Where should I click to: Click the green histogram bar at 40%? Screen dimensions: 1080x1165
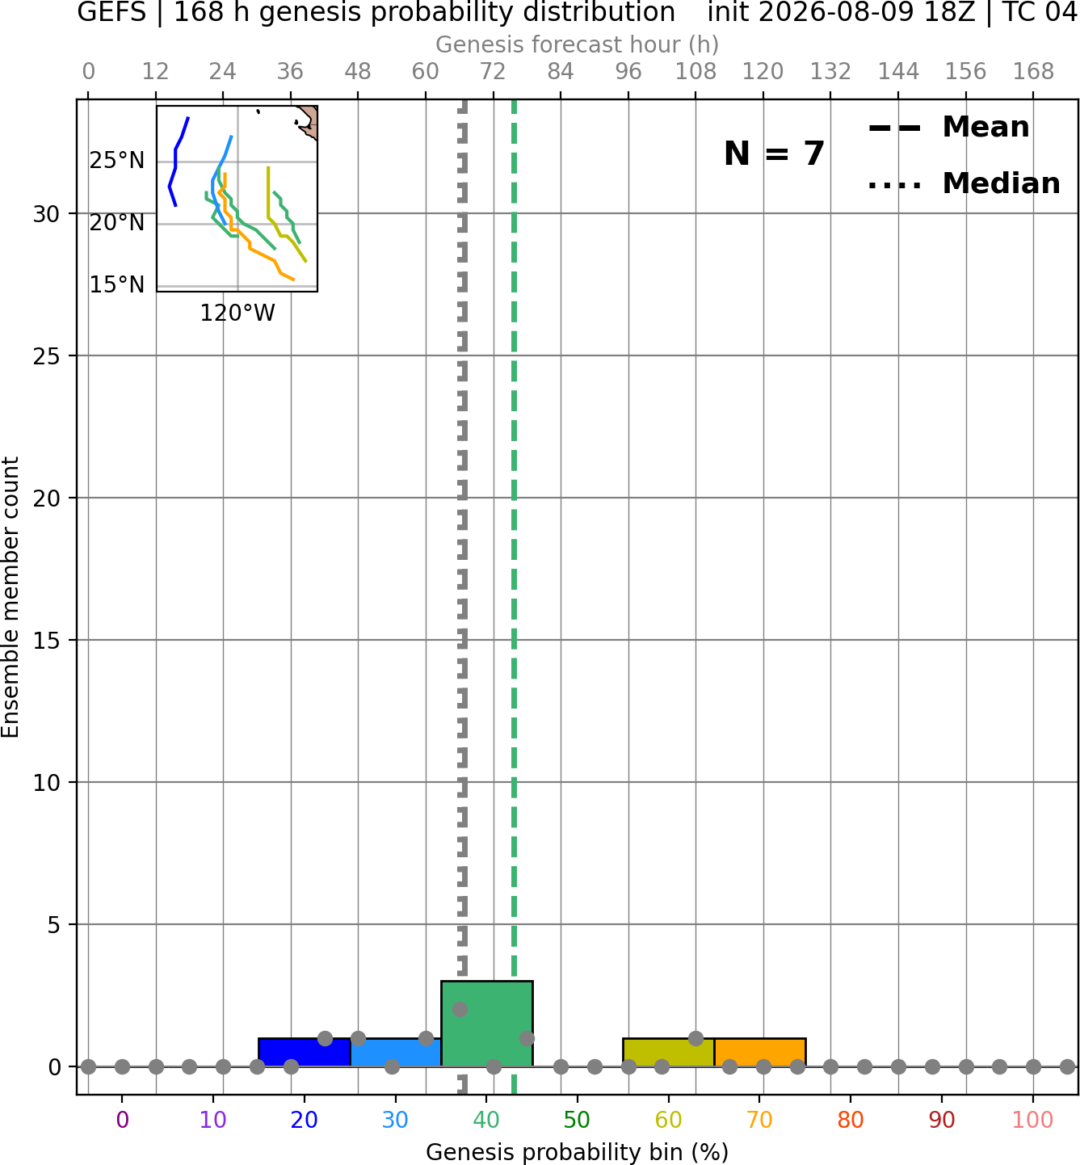click(x=487, y=1023)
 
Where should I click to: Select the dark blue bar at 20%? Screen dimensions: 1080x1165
click(x=305, y=1053)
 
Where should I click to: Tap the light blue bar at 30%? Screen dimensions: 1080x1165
click(x=396, y=1053)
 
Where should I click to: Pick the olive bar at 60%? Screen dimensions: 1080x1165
click(x=669, y=1053)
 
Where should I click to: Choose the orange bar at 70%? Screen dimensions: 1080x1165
click(x=760, y=1053)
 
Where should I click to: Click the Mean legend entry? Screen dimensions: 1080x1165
click(x=948, y=128)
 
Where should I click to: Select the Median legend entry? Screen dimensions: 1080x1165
click(x=964, y=183)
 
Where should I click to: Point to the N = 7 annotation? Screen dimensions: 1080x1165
click(x=775, y=154)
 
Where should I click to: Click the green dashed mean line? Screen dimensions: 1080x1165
click(x=514, y=596)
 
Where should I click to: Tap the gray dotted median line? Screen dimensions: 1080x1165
click(x=462, y=596)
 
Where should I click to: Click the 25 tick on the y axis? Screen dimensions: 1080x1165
click(x=47, y=356)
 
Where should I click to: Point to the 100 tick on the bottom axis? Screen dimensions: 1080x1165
click(x=1033, y=1120)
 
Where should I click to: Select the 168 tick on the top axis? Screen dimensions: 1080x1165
click(x=1033, y=72)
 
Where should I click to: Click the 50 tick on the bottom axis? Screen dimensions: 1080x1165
click(x=578, y=1120)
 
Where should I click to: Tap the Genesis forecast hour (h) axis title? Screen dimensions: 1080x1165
click(x=578, y=44)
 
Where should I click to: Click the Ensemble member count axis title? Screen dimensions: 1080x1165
click(x=11, y=597)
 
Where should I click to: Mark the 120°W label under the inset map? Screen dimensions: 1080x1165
click(x=237, y=313)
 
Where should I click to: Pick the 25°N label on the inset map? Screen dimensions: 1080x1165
click(x=117, y=160)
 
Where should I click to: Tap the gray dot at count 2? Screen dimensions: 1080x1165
click(x=460, y=1010)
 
